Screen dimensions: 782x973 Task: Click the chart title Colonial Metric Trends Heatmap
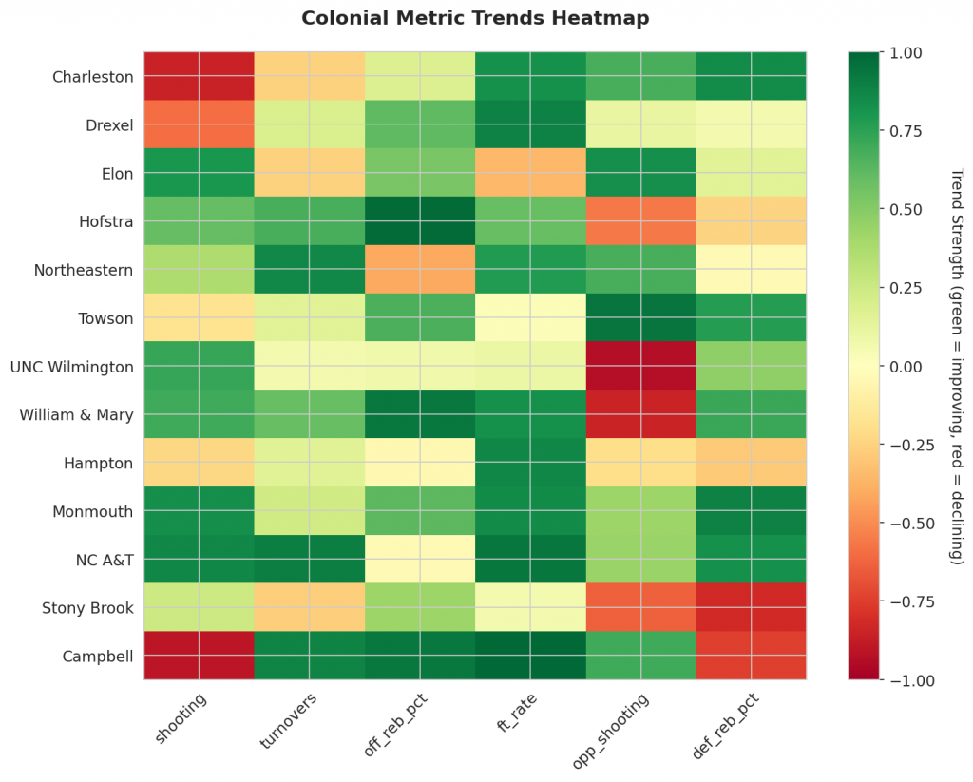coord(475,18)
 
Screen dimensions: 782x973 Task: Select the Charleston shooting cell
coord(200,77)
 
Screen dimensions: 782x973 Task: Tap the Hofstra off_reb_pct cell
coord(420,221)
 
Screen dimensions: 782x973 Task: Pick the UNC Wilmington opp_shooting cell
coord(640,366)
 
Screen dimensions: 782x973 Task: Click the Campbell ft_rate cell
coord(530,655)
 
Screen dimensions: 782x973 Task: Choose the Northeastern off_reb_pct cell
coord(420,270)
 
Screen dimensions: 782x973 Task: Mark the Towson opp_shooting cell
coord(640,318)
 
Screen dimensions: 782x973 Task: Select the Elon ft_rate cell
coord(530,173)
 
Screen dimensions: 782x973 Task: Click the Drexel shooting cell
coord(200,125)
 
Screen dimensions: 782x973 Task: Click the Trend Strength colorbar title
coord(957,366)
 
